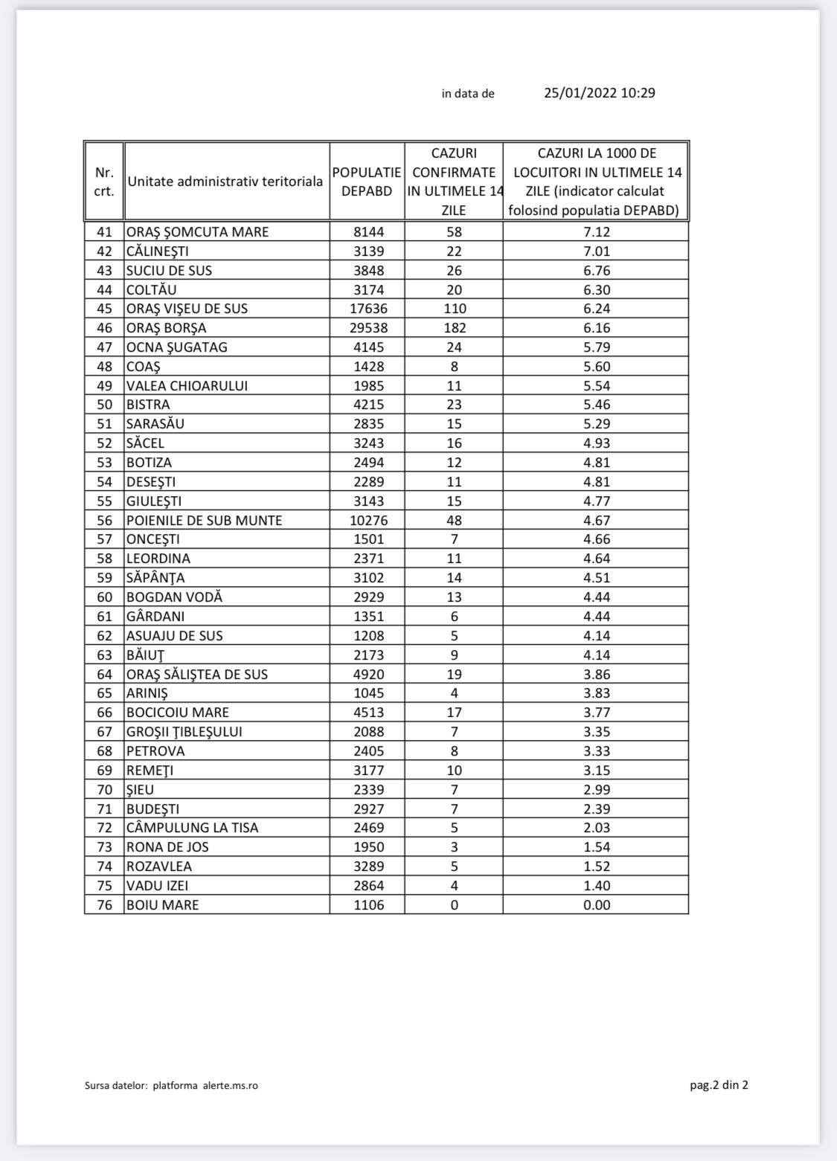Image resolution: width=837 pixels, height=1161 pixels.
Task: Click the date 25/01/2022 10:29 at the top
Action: [599, 93]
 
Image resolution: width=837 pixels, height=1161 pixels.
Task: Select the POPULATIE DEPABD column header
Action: [367, 181]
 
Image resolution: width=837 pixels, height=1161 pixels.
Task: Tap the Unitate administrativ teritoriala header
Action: [225, 181]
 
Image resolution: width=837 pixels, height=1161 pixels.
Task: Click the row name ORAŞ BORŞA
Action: [167, 328]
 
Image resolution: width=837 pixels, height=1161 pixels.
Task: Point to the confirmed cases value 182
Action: [455, 328]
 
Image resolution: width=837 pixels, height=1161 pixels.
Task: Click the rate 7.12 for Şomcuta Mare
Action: [597, 232]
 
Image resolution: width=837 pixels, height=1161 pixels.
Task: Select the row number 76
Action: [104, 905]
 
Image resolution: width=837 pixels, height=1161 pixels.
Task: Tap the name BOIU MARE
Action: [163, 905]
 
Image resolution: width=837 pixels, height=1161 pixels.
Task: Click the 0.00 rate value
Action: [597, 905]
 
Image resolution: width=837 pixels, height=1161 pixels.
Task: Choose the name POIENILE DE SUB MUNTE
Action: [205, 521]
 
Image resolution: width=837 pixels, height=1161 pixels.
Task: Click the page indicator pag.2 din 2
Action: [719, 1085]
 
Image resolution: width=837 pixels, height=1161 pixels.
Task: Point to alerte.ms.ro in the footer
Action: [231, 1086]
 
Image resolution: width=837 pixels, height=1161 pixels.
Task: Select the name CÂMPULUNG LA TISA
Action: [193, 828]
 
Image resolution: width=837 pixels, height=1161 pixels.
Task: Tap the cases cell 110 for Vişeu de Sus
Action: [455, 309]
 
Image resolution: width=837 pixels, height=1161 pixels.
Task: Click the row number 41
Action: [104, 232]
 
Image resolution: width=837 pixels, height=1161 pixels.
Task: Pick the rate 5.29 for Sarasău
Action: [597, 424]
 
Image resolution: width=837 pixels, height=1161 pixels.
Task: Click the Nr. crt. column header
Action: [104, 181]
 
